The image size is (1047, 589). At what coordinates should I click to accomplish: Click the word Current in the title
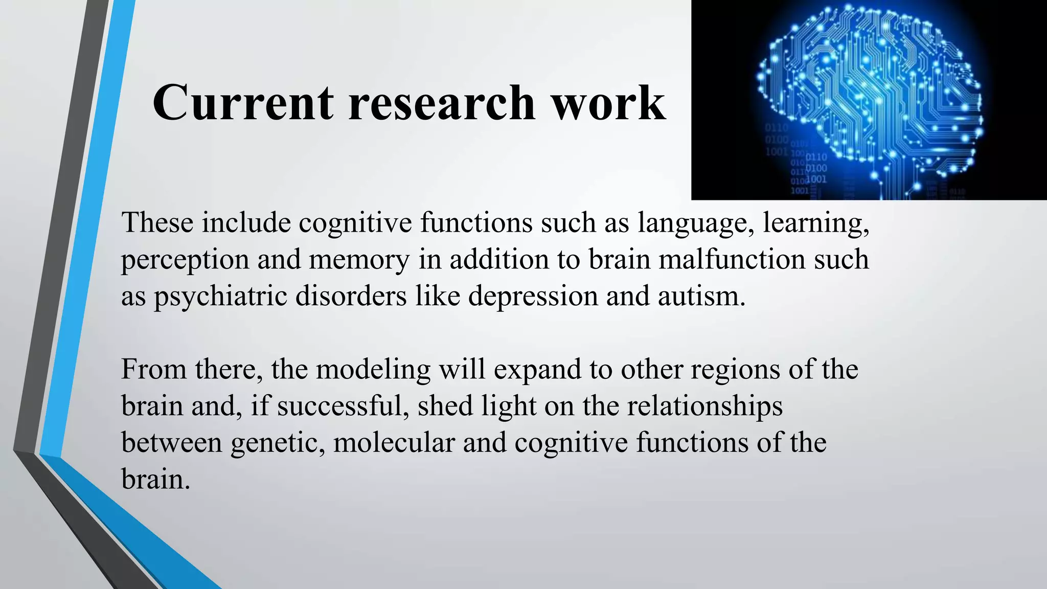tap(243, 103)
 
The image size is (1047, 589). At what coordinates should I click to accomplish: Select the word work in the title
tap(608, 103)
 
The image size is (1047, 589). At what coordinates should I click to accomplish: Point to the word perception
tap(185, 260)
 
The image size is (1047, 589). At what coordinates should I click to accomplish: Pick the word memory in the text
tap(359, 260)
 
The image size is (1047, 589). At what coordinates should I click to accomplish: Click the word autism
tap(701, 296)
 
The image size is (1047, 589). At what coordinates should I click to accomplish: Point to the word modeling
tap(373, 370)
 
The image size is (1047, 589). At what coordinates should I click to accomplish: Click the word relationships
tap(704, 407)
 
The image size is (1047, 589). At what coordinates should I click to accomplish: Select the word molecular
tap(394, 442)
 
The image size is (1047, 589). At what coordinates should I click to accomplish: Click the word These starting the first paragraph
tap(157, 223)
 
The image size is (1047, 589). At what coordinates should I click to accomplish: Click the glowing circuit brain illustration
tap(869, 100)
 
